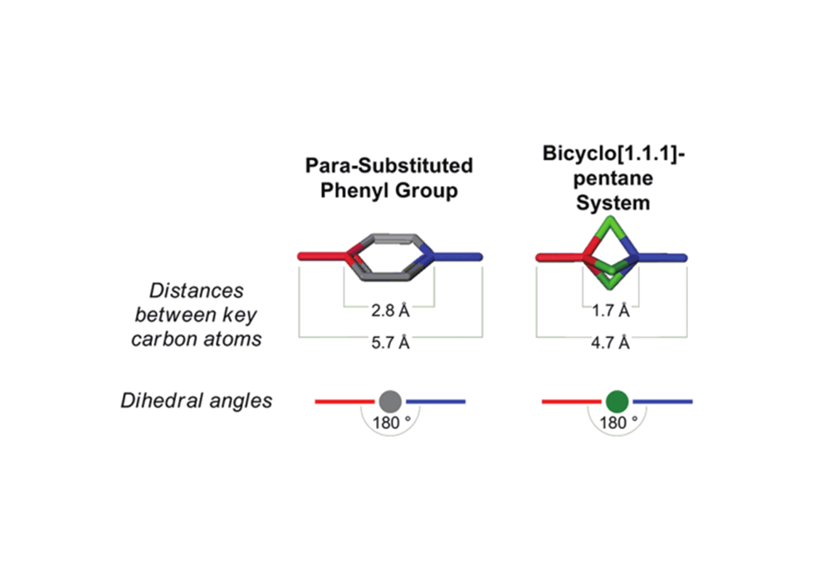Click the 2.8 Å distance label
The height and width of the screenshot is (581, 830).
tap(390, 312)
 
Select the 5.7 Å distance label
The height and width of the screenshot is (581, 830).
tap(390, 344)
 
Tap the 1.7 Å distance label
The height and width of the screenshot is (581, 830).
tap(612, 312)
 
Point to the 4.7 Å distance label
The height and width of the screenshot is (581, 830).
tap(612, 344)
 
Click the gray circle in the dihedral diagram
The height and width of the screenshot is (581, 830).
tap(390, 401)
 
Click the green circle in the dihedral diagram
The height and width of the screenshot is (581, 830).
tap(616, 401)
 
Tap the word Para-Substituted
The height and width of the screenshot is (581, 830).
tap(389, 166)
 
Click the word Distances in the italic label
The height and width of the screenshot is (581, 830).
tap(196, 291)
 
